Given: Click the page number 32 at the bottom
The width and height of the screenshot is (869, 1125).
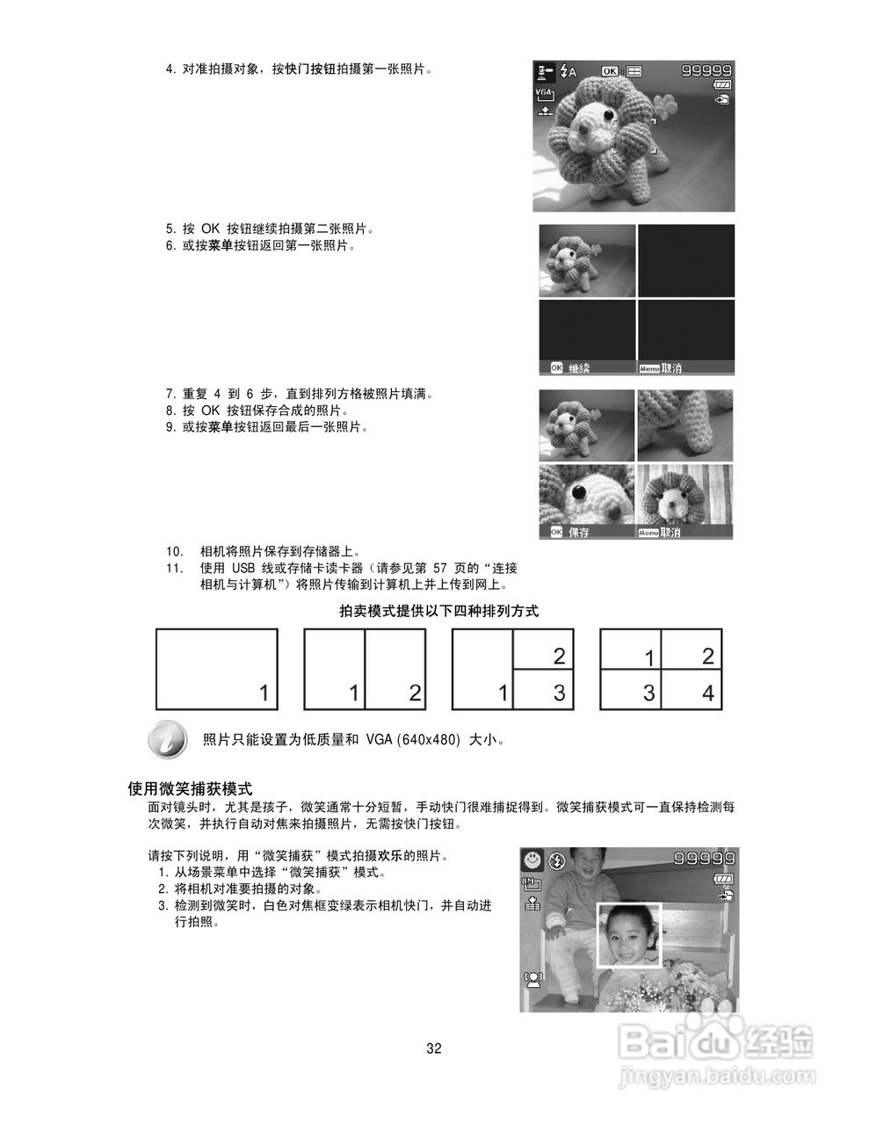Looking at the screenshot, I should pyautogui.click(x=434, y=1049).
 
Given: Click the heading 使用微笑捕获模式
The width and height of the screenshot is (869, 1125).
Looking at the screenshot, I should pyautogui.click(x=191, y=788).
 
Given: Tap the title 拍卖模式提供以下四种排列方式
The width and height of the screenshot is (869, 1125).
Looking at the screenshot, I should pyautogui.click(x=438, y=611).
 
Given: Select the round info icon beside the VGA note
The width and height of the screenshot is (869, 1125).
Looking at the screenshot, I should pyautogui.click(x=167, y=740).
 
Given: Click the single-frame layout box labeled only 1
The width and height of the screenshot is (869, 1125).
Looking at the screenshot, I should pyautogui.click(x=217, y=669).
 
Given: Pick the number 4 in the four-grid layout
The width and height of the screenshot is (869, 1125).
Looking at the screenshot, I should pyautogui.click(x=707, y=693).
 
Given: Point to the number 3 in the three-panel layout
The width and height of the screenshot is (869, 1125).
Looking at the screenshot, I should pyautogui.click(x=559, y=693).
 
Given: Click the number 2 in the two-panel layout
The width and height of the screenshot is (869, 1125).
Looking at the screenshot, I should pyautogui.click(x=414, y=693).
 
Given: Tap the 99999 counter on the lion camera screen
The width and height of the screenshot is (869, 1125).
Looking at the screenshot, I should pyautogui.click(x=706, y=71).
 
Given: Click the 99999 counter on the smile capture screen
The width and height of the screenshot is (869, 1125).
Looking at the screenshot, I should pyautogui.click(x=705, y=859).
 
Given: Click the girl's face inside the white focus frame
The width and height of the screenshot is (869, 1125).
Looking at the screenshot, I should pyautogui.click(x=630, y=936).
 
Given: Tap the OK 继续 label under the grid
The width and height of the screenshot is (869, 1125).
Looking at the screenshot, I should pyautogui.click(x=571, y=368).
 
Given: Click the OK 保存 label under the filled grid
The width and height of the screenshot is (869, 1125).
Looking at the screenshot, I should pyautogui.click(x=570, y=532).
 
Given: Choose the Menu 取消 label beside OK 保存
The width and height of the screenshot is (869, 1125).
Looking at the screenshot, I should pyautogui.click(x=660, y=532).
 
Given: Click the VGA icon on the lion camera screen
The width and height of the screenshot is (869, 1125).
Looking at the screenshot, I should pyautogui.click(x=545, y=92).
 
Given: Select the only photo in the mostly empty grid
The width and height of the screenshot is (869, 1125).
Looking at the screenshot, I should pyautogui.click(x=587, y=261).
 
